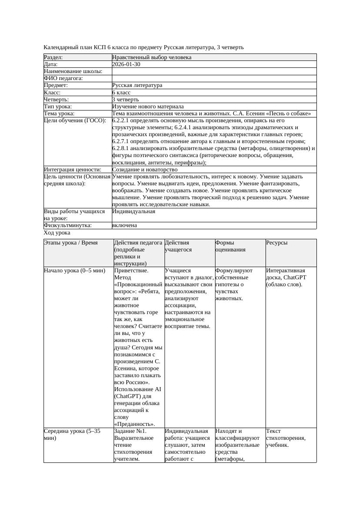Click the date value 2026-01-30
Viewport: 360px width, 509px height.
pos(126,64)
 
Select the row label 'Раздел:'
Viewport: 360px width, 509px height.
pos(54,57)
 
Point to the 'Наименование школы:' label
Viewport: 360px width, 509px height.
pos(73,71)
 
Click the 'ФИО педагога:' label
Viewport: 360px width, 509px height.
pos(64,78)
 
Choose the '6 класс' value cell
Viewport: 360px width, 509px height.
pos(121,93)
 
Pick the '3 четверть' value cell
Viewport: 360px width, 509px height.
pos(125,100)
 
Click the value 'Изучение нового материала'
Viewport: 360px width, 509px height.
pos(148,107)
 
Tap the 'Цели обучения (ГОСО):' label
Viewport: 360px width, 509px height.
pos(75,121)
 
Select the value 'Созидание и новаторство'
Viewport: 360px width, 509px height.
pos(145,170)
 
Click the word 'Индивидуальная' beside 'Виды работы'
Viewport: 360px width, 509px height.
pos(134,211)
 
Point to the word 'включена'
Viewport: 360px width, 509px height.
pos(124,225)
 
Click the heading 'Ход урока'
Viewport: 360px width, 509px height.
pos(57,233)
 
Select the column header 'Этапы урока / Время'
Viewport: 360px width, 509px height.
pos(71,243)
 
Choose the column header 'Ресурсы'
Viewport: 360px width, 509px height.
pos(277,243)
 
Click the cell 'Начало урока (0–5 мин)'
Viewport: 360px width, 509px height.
pos(74,271)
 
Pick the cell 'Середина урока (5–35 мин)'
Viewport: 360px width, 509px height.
pos(72,435)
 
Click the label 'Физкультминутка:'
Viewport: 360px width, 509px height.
pos(68,225)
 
